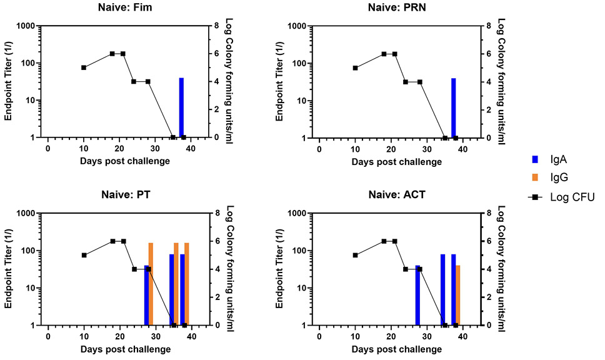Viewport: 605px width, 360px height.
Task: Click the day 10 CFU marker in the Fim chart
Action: click(84, 67)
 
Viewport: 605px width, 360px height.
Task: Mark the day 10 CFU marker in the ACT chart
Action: click(355, 255)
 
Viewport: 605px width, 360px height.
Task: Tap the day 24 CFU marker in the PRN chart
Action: click(406, 82)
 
